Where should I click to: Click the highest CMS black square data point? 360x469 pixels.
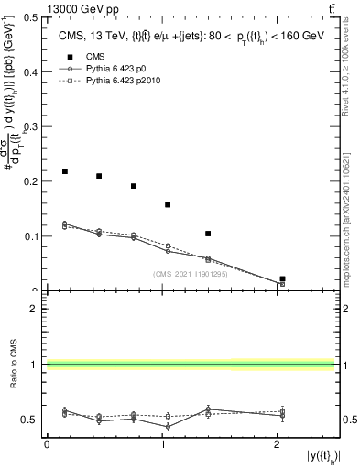pos(65,171)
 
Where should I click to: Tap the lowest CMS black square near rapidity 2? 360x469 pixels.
pos(282,278)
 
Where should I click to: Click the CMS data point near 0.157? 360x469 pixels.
pos(168,204)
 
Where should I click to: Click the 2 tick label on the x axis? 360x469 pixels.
pos(278,444)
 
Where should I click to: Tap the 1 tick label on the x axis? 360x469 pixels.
pos(162,444)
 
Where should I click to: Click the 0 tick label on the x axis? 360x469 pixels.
pos(47,444)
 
